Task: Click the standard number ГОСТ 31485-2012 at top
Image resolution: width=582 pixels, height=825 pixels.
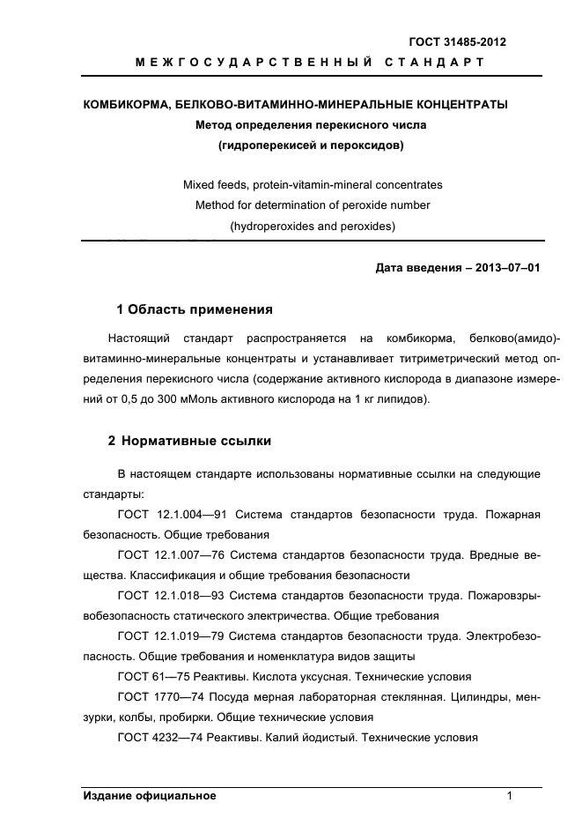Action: (x=457, y=41)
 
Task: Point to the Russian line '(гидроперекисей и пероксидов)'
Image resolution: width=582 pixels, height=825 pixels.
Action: (x=312, y=145)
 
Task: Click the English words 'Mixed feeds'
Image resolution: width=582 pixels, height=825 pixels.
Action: (x=214, y=185)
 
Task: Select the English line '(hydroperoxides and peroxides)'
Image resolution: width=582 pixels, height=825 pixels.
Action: (x=312, y=226)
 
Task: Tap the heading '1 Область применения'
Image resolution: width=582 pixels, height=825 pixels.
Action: (x=194, y=309)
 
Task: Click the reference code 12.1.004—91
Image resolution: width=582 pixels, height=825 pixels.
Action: (x=188, y=514)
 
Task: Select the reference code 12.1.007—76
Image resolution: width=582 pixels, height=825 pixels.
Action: (x=188, y=555)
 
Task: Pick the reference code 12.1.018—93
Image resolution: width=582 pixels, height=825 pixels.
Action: (x=188, y=596)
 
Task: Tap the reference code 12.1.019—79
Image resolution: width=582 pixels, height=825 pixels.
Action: (x=188, y=636)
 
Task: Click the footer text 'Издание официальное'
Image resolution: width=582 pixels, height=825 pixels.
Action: (x=150, y=796)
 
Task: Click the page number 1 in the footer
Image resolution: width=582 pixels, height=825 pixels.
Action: (x=510, y=796)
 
